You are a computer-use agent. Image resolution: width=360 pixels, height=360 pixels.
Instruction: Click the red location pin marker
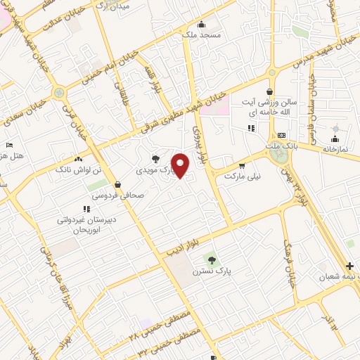tap(181, 165)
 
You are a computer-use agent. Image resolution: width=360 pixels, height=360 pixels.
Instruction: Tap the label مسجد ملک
tap(200, 34)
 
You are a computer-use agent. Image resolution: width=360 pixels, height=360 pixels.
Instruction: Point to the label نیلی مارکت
tap(242, 176)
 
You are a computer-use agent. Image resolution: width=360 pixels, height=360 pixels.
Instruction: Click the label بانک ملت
tap(282, 146)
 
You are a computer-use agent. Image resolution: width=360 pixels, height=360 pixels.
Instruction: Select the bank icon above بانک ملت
tap(282, 135)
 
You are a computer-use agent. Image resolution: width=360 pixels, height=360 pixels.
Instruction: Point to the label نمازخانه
tap(335, 149)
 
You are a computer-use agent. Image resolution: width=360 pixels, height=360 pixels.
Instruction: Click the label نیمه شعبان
tap(339, 277)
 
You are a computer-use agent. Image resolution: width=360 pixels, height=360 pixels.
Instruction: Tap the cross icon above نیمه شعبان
tap(350, 266)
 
